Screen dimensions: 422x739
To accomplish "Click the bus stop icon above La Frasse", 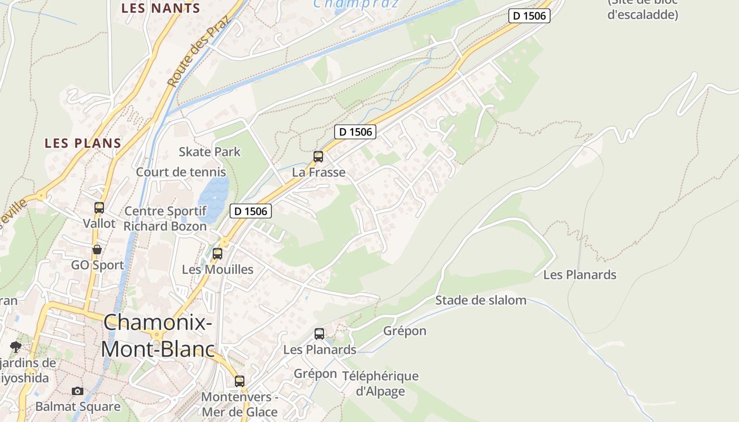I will tap(318, 156).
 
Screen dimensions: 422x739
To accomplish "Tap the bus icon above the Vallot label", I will tap(99, 207).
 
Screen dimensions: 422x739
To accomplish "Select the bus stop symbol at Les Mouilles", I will tap(217, 253).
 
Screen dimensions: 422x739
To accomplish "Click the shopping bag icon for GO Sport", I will tap(97, 250).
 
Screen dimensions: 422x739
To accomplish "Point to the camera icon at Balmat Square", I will tap(78, 391).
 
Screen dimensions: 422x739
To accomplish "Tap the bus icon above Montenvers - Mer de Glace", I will tap(240, 381).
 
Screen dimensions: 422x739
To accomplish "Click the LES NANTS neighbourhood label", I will tap(160, 8).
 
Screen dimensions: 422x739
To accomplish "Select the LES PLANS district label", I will tap(83, 143).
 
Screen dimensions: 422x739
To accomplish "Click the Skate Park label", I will tap(210, 152).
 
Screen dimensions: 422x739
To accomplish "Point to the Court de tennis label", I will tap(181, 172).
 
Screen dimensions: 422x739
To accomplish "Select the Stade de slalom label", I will tap(480, 301).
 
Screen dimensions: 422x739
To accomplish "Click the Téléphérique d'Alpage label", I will tap(380, 383).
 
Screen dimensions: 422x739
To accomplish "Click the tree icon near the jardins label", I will tap(15, 347).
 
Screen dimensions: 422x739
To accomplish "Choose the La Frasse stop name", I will tap(319, 172).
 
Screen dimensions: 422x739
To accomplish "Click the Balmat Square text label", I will tap(78, 407).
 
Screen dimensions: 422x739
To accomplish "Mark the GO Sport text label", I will tap(98, 265).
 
